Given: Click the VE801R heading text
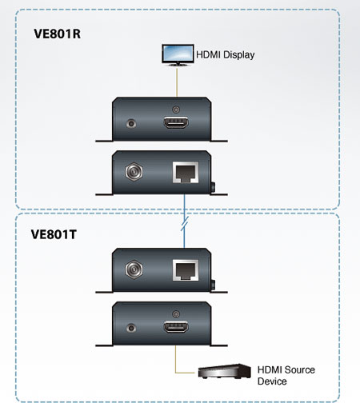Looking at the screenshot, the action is tap(57, 34).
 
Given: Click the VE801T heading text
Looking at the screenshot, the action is tap(54, 234).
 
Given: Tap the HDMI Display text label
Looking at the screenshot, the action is tap(226, 55).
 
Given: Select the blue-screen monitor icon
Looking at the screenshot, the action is tap(178, 55).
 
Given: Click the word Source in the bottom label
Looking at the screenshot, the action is tap(299, 370).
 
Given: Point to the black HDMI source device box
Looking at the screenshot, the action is tap(224, 371).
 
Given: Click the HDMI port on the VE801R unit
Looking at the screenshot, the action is tap(176, 123).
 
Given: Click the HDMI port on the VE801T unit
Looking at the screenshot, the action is tap(176, 327).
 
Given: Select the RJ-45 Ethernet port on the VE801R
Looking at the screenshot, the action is tap(186, 172).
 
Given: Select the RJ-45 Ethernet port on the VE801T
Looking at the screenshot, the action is tap(186, 270).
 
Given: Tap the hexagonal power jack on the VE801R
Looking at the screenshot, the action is tap(134, 172).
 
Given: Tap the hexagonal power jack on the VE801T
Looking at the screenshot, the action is tap(134, 269).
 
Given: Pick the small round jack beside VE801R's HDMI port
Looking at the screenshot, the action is tap(131, 123).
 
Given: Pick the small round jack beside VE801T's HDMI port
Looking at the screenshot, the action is tap(131, 328).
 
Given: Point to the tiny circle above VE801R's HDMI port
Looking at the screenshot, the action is tap(175, 110).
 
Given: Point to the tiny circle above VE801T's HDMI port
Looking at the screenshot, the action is tap(175, 313).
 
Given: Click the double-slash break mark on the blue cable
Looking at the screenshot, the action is tap(185, 223).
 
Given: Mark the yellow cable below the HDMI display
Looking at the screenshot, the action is tap(177, 82).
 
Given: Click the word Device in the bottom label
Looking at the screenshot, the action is tap(272, 381).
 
